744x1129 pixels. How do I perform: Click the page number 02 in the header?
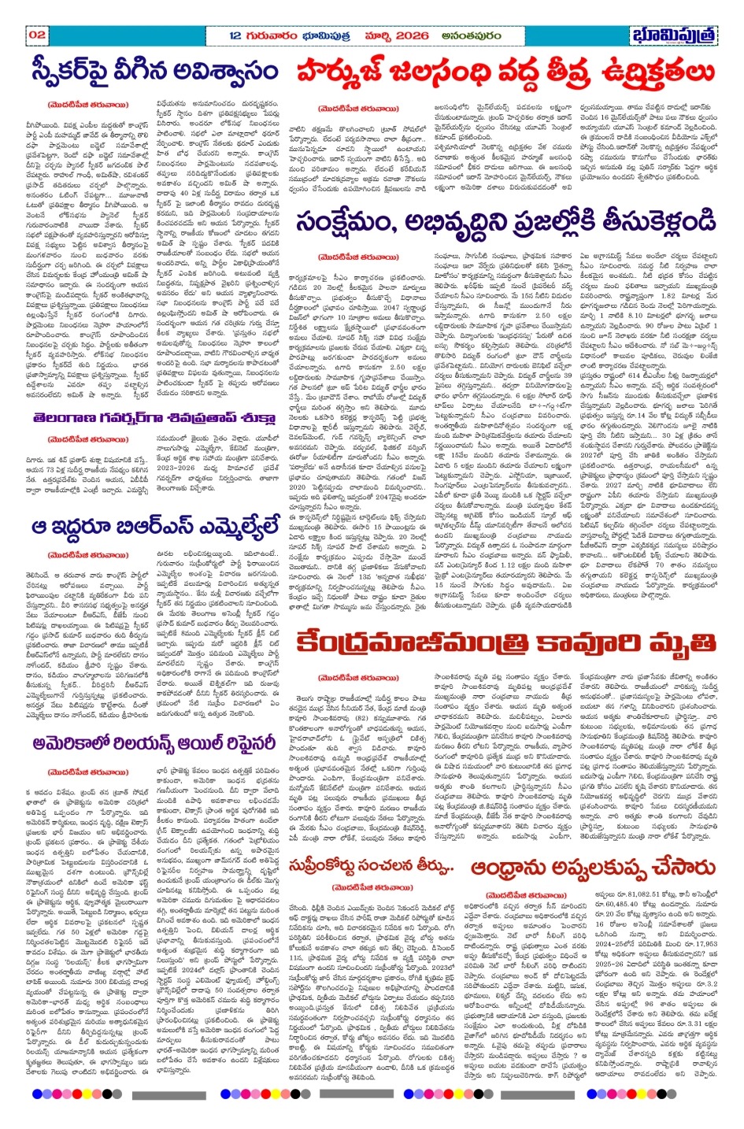[x=36, y=35]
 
